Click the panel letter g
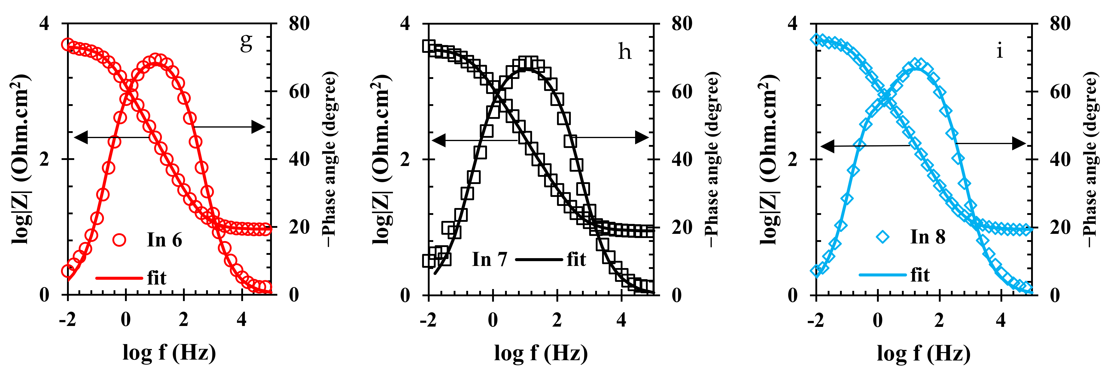pos(246,42)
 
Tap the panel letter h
pos(625,52)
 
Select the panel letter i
pos(1000,51)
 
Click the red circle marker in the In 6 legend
pos(119,240)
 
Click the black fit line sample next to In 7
pos(538,260)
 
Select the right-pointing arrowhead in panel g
pos(258,127)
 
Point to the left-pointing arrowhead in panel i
pos(827,146)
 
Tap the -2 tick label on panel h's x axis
pos(428,320)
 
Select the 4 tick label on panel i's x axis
pos(1001,320)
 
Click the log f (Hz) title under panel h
pos(541,353)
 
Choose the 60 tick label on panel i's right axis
pos(1060,92)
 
